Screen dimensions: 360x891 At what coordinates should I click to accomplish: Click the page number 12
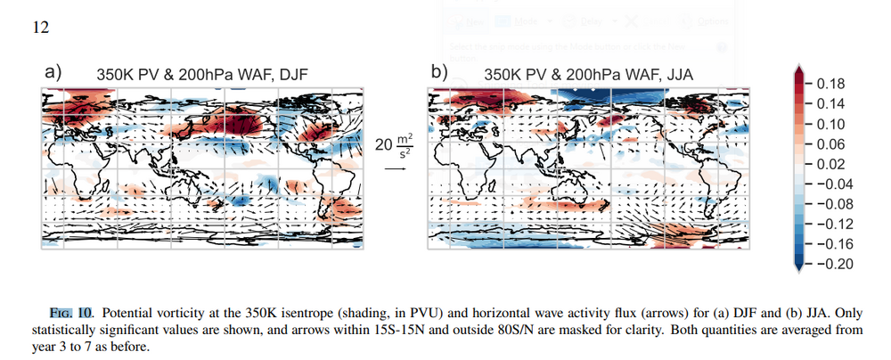point(40,27)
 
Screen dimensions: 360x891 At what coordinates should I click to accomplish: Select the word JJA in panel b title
point(678,76)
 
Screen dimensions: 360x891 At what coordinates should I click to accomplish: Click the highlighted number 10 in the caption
point(85,314)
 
